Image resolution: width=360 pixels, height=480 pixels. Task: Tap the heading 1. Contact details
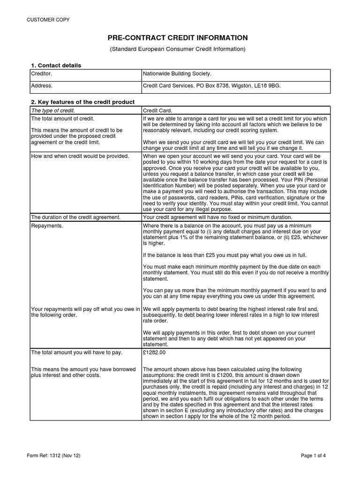click(56, 65)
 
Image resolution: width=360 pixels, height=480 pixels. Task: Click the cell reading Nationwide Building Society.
click(177, 74)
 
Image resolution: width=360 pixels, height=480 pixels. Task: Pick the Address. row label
click(42, 86)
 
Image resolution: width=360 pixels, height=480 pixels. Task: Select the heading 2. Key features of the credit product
click(82, 102)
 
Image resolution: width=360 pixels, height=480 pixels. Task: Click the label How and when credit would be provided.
click(80, 156)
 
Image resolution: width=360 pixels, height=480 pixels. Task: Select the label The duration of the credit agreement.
click(75, 217)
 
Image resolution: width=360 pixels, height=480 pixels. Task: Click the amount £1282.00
click(154, 352)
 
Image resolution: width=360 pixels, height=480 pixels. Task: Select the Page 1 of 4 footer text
click(316, 455)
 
